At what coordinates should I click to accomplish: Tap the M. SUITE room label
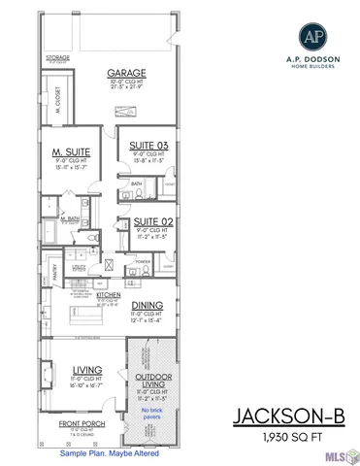click(x=70, y=153)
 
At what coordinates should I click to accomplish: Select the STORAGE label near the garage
click(x=58, y=58)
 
